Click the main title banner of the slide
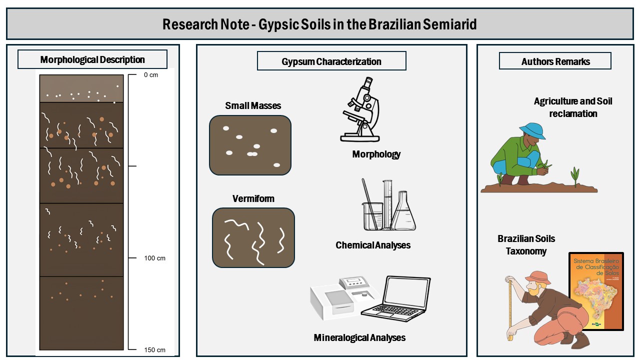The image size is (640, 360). [x=320, y=24]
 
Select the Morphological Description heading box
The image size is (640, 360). [x=92, y=59]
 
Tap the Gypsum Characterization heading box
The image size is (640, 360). [x=331, y=61]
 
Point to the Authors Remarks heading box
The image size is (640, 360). [x=555, y=61]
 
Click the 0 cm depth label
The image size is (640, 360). [x=150, y=75]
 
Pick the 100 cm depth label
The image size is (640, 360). [x=154, y=258]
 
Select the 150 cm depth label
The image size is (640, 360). [x=154, y=349]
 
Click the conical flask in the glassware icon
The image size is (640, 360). [x=403, y=212]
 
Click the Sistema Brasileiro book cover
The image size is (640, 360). [x=596, y=291]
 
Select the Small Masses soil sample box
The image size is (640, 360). [x=250, y=145]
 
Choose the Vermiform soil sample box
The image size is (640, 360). [x=253, y=237]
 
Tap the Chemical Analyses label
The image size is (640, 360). [x=373, y=245]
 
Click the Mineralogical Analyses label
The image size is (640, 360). [x=359, y=337]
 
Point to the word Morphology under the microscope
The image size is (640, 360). [x=376, y=154]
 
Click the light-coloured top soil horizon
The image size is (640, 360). [x=81, y=88]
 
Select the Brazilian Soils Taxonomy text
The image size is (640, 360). [x=526, y=245]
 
